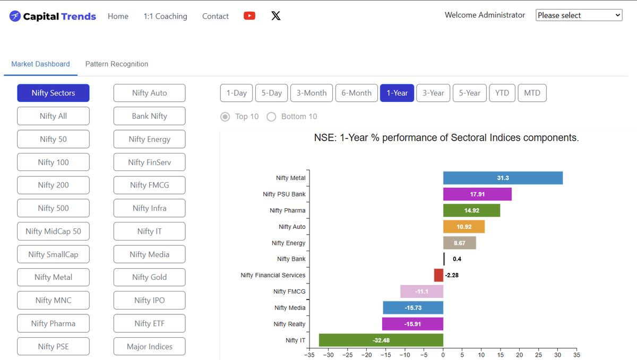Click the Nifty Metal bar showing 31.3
point(503,178)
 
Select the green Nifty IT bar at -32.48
point(381,340)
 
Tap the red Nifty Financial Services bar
point(438,275)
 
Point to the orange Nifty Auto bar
point(464,227)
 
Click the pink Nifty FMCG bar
point(421,292)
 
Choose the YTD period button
point(502,93)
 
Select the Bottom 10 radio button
point(271,117)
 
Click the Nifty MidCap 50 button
point(53,231)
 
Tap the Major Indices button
point(149,346)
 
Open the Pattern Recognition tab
point(117,64)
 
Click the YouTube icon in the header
point(249,15)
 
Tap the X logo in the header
point(276,15)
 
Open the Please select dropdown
point(579,15)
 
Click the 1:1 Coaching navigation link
point(165,16)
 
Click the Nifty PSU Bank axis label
point(284,194)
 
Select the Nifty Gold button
point(149,277)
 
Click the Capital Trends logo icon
point(15,16)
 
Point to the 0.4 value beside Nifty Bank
point(457,259)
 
